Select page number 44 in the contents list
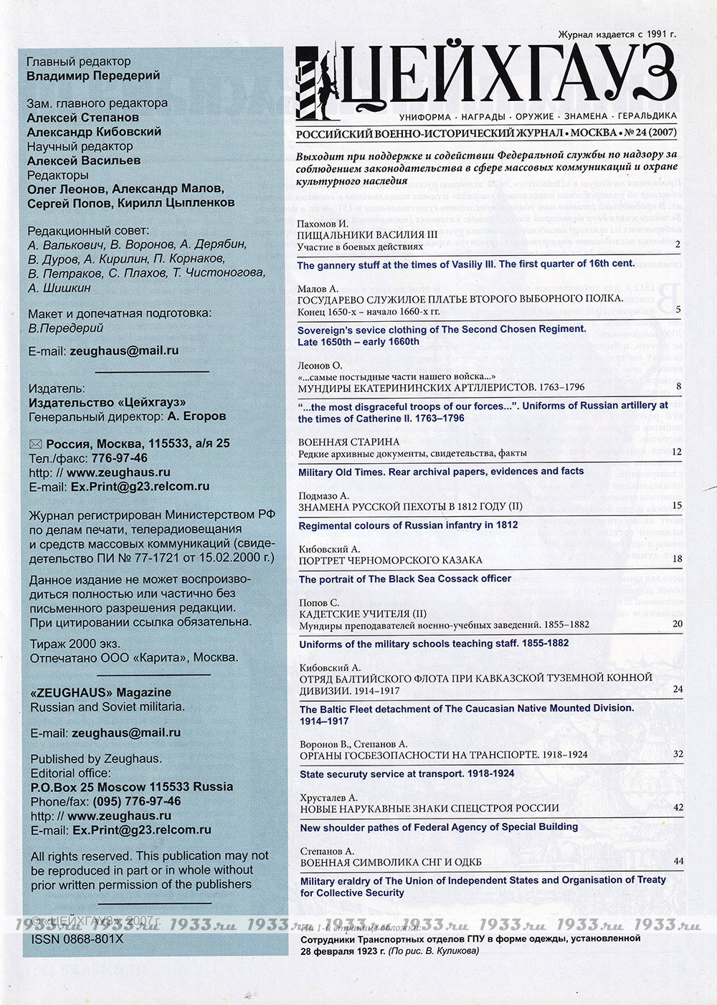(x=678, y=861)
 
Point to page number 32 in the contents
(x=678, y=754)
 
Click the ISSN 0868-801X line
(x=77, y=938)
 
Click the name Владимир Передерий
(x=93, y=76)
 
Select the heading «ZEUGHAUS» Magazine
(x=100, y=692)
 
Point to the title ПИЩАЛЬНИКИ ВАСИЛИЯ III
(x=367, y=235)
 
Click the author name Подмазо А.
(x=323, y=495)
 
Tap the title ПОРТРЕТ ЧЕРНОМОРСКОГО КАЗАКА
(x=391, y=560)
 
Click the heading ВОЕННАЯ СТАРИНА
(x=349, y=442)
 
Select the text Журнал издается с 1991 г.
(x=617, y=34)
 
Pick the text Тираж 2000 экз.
(x=75, y=644)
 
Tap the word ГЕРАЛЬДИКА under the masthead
(x=647, y=116)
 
